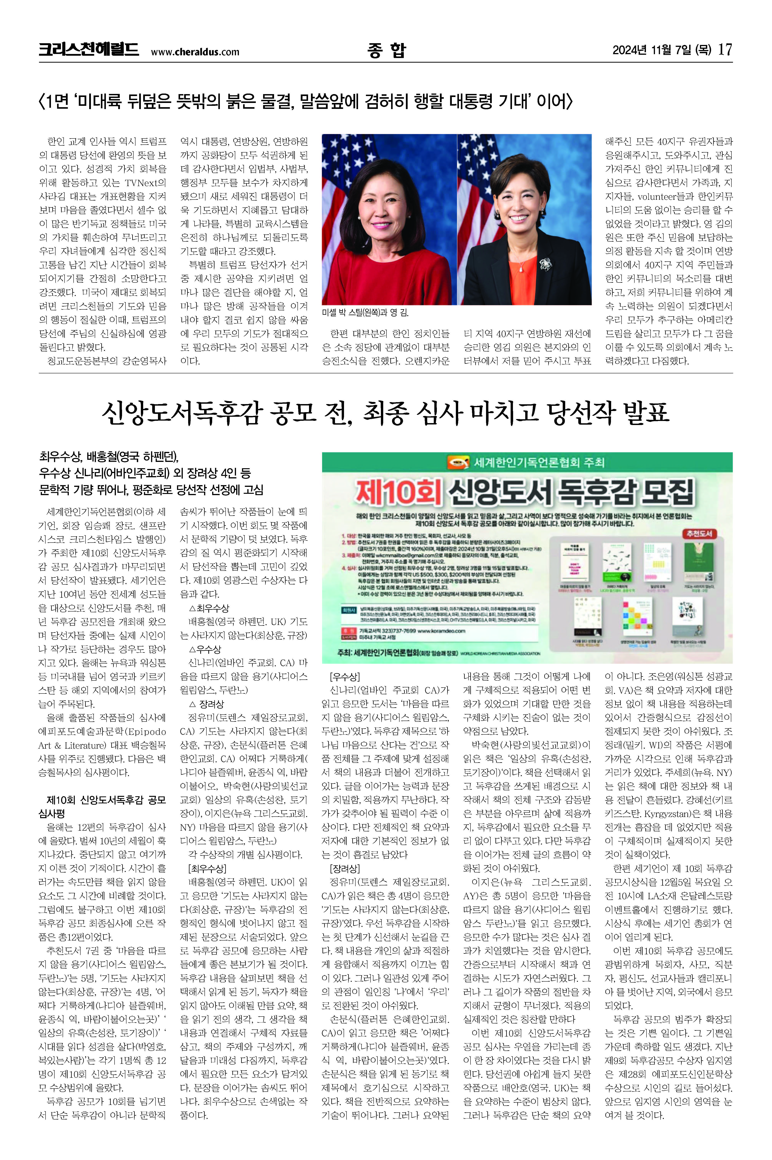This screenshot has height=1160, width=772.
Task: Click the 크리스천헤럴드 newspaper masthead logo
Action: (89, 50)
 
